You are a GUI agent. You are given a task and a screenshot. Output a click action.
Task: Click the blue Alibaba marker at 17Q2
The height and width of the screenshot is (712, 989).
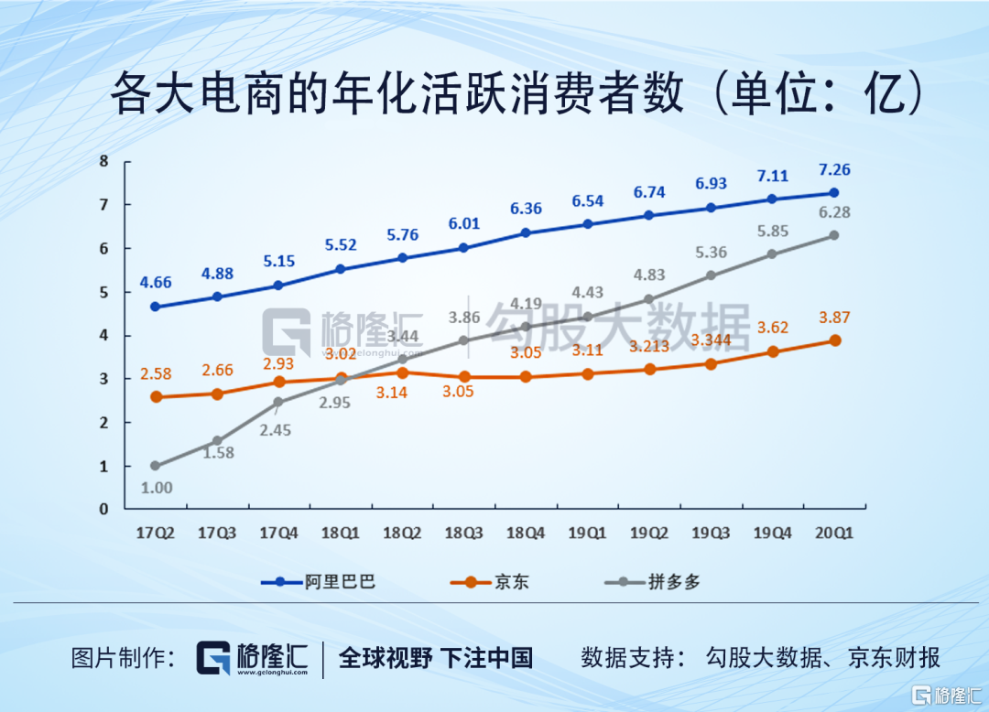[x=156, y=307]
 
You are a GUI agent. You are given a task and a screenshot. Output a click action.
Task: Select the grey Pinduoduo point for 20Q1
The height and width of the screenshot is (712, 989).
[x=833, y=235]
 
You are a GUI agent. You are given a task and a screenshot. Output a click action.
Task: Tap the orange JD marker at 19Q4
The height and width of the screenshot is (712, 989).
[x=772, y=351]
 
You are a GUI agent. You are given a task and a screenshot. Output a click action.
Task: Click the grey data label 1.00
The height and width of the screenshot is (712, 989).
[x=157, y=488]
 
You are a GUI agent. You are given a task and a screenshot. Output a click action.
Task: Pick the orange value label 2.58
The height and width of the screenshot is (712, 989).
[x=156, y=372]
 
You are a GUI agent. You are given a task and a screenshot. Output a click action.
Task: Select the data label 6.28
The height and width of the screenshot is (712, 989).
[x=833, y=212]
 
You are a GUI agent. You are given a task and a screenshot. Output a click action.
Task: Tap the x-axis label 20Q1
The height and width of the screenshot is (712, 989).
[x=833, y=533]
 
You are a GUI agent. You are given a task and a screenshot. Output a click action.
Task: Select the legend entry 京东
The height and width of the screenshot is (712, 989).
[x=512, y=581]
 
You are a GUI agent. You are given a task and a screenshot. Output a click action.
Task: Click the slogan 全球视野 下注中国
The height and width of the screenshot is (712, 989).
[x=436, y=657]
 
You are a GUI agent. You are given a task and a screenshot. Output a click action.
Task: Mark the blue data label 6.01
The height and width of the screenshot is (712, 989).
[x=463, y=224]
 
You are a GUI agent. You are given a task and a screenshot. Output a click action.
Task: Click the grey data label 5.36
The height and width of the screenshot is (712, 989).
[x=711, y=253]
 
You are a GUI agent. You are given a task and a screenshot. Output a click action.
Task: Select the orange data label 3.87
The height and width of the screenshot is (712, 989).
[x=833, y=318]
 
